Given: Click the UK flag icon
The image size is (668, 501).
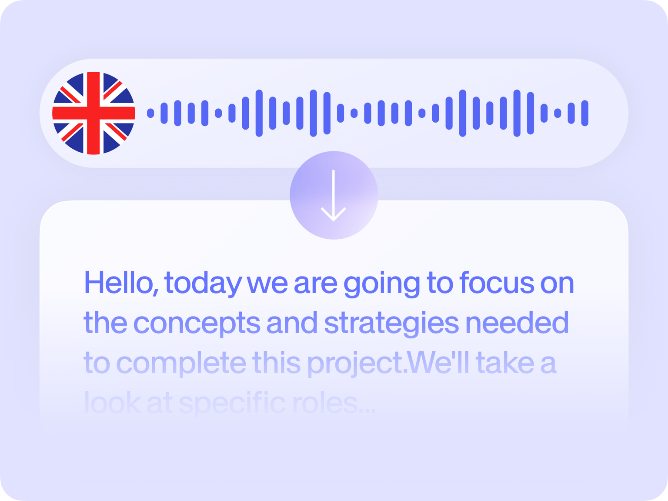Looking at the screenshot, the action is [94, 113].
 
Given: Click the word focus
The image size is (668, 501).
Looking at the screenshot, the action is [496, 283].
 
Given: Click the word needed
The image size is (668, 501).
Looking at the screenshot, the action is [517, 322].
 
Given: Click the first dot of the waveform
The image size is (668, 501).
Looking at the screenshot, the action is [150, 113].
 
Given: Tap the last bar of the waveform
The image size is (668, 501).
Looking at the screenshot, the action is [584, 113].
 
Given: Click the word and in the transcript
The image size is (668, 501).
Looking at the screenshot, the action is [292, 322].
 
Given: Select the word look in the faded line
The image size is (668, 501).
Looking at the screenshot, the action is [112, 402].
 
